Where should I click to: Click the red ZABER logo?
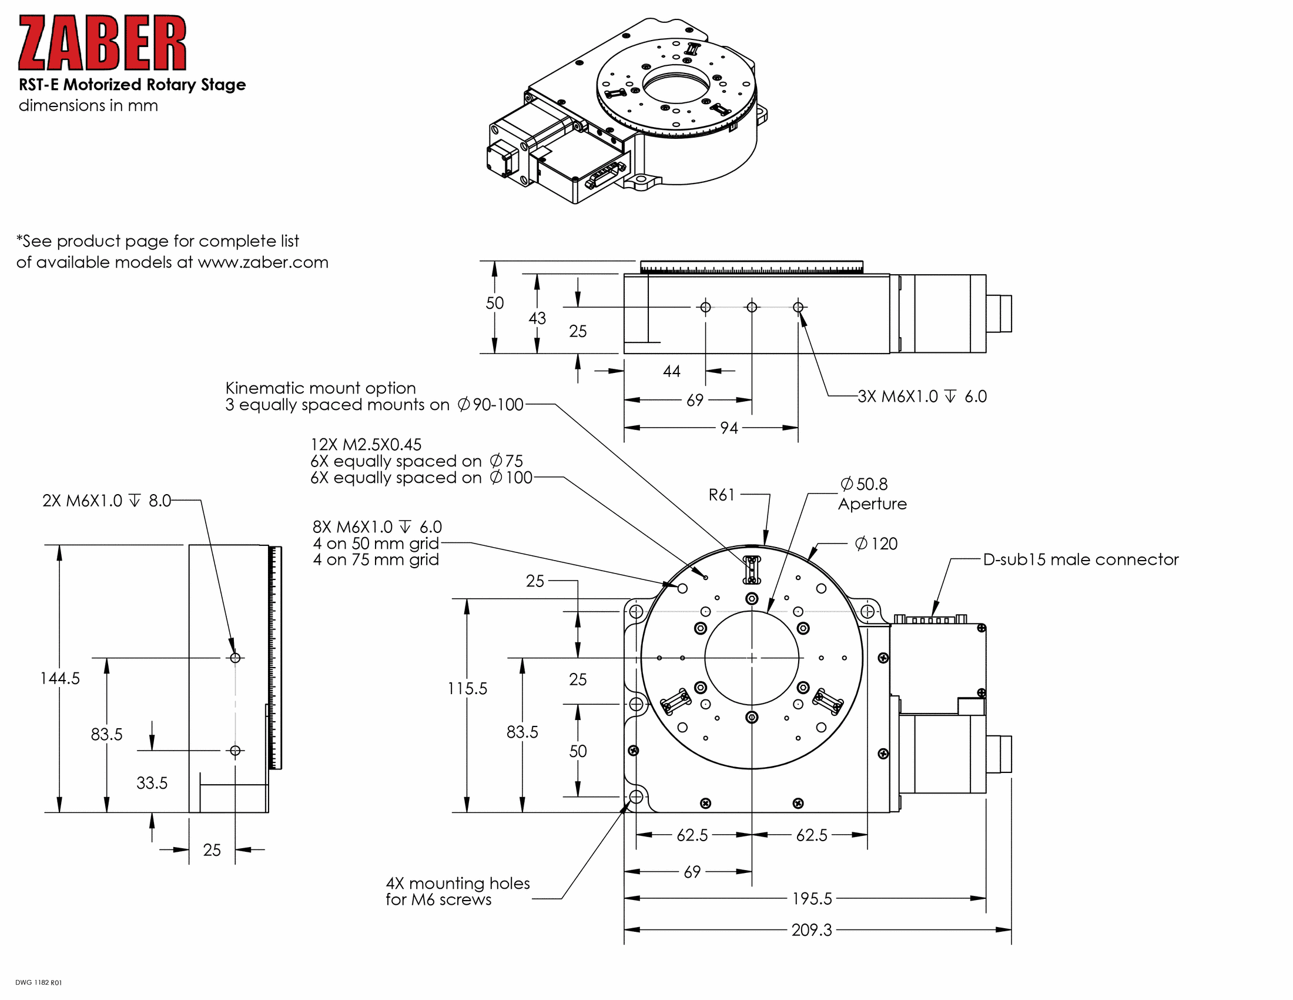(x=102, y=43)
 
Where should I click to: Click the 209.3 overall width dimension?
(x=812, y=929)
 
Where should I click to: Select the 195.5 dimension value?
(x=812, y=899)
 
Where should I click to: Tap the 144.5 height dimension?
(x=60, y=678)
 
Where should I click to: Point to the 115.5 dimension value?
(x=467, y=688)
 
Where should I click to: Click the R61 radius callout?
(x=722, y=495)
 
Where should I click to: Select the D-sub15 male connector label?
(x=1080, y=559)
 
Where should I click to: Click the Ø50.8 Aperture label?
(x=872, y=494)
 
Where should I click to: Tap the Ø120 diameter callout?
(x=876, y=544)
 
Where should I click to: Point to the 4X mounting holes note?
(x=457, y=891)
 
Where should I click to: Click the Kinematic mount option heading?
(x=320, y=388)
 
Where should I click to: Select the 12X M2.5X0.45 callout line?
(x=366, y=444)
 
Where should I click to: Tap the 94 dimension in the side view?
(x=729, y=428)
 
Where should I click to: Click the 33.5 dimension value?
(x=152, y=782)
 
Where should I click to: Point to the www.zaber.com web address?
(x=263, y=262)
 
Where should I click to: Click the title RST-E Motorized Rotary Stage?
(x=132, y=85)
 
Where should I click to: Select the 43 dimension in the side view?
(x=537, y=318)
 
